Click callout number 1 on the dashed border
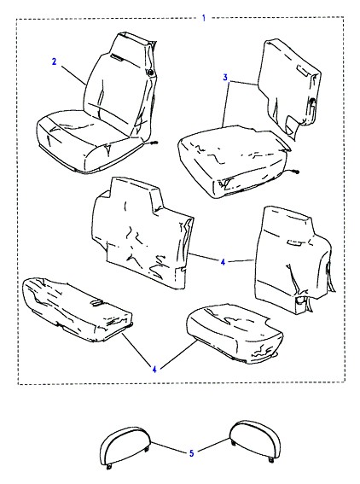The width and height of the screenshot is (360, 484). tap(204, 18)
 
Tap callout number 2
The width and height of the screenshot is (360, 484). tap(54, 61)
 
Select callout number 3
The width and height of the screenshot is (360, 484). tap(225, 77)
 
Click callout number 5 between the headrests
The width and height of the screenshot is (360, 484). tap(192, 453)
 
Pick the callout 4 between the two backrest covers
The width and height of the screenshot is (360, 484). tap(223, 262)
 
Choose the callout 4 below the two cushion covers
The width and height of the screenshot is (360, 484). tap(154, 369)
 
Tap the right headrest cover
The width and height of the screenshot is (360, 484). tap(255, 440)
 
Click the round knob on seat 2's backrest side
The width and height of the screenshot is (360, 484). tap(150, 73)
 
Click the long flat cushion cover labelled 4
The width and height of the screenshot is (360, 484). tap(77, 310)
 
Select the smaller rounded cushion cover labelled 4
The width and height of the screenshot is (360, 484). tap(235, 334)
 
